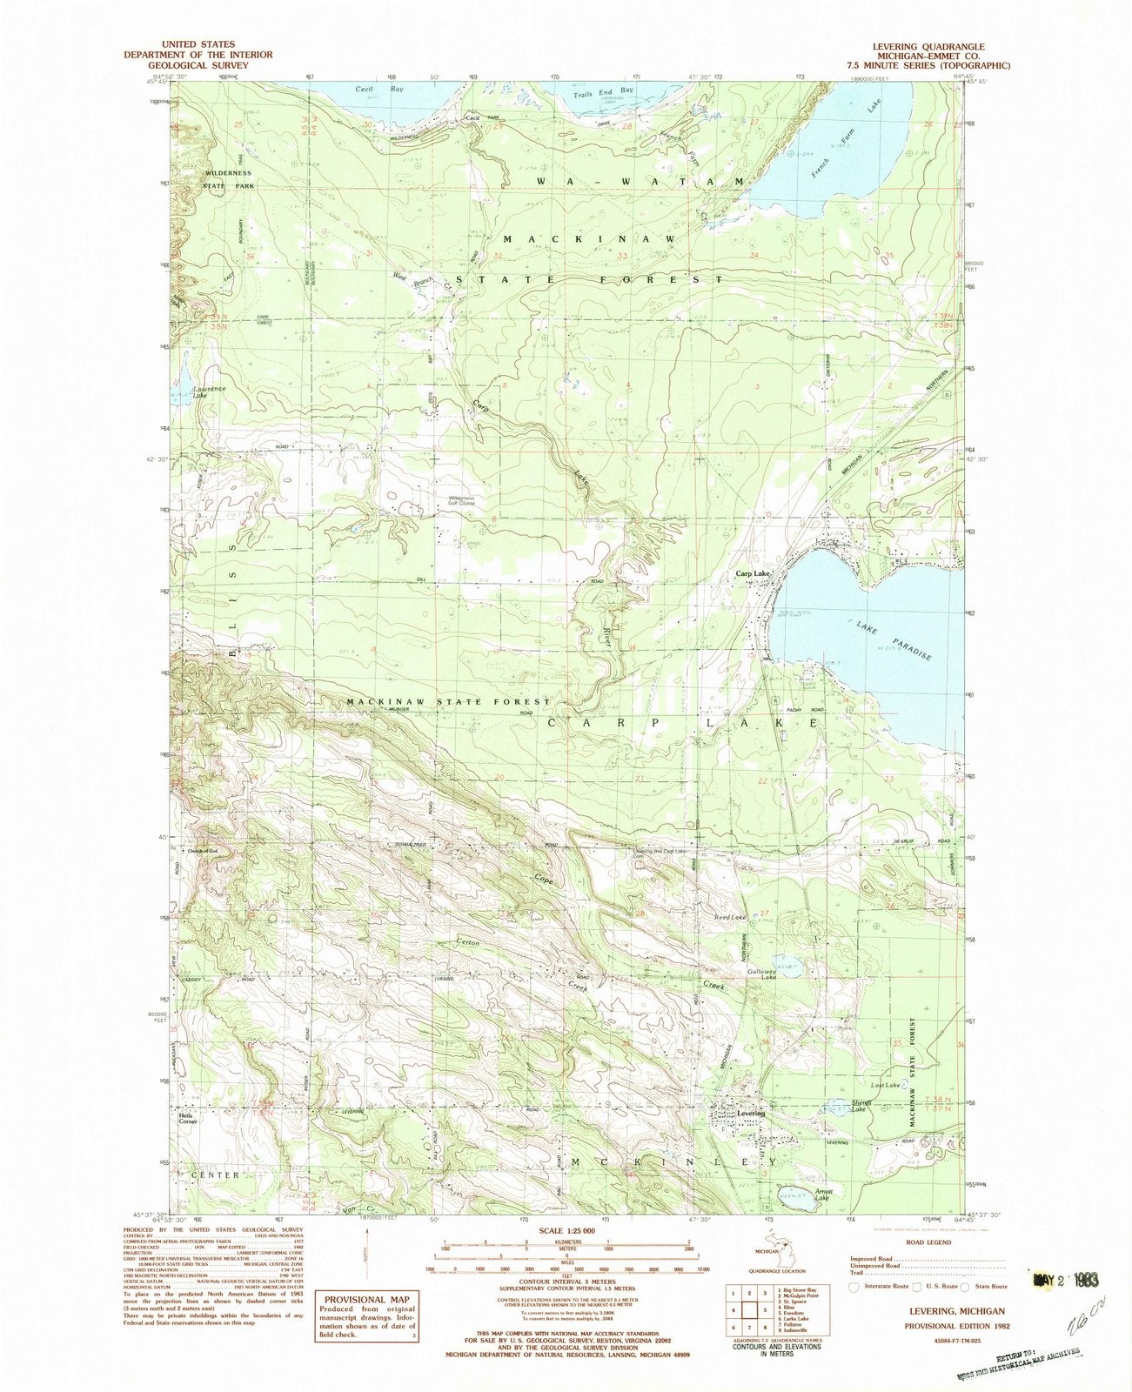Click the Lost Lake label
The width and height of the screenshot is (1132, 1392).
coord(885,1086)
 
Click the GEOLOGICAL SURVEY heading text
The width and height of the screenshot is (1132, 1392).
coord(211,64)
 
